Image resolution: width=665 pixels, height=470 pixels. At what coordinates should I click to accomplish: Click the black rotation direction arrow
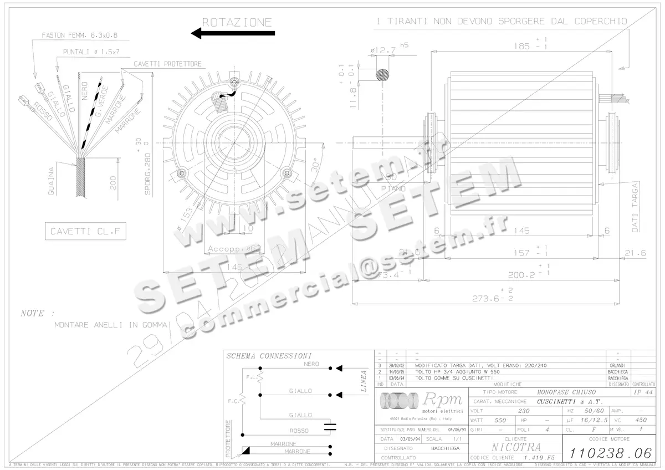[x=233, y=33]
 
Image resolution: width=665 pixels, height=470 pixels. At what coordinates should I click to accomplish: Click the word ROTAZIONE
[x=237, y=22]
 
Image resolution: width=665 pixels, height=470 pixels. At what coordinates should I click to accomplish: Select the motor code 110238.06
[x=609, y=453]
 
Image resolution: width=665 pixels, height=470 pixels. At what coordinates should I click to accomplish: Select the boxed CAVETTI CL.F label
[x=85, y=231]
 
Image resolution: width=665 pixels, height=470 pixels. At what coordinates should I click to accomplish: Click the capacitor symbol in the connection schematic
[x=330, y=426]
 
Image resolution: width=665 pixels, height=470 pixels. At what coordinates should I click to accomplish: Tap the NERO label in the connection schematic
[x=311, y=364]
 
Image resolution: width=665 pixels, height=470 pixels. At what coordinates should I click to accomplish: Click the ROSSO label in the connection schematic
[x=299, y=431]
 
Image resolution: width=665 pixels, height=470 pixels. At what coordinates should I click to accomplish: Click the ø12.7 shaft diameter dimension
[x=383, y=50]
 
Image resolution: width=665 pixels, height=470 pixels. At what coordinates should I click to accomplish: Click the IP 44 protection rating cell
[x=643, y=392]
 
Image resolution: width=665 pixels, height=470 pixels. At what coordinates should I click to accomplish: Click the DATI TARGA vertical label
[x=635, y=207]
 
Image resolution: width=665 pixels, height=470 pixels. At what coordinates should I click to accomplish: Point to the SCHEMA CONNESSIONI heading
[x=269, y=355]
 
